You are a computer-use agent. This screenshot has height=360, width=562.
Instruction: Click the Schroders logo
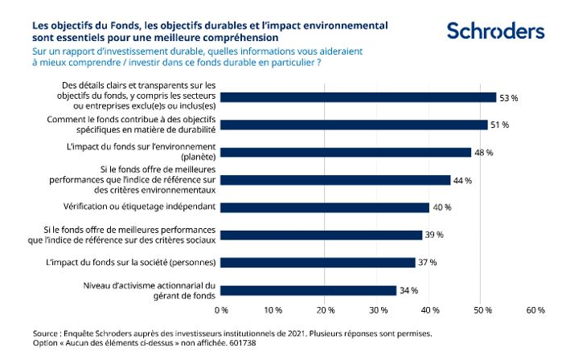pyautogui.click(x=495, y=31)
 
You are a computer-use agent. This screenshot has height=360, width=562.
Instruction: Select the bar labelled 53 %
pyautogui.click(x=358, y=97)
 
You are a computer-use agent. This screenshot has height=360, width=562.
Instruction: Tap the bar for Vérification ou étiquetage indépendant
pyautogui.click(x=324, y=207)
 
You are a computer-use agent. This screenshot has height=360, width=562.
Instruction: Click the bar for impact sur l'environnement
pyautogui.click(x=345, y=152)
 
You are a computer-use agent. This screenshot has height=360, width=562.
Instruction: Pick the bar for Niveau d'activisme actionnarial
pyautogui.click(x=308, y=290)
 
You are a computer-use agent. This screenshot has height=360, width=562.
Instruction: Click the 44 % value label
pyautogui.click(x=462, y=180)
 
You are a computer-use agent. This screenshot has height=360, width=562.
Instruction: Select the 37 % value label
pyautogui.click(x=427, y=263)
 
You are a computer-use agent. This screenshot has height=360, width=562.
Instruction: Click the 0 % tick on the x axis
pyautogui.click(x=220, y=309)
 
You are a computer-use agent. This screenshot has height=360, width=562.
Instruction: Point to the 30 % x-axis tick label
pyautogui.click(x=377, y=309)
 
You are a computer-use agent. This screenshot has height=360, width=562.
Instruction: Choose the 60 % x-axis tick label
pyautogui.click(x=535, y=309)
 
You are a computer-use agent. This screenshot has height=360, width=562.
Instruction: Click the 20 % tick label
pyautogui.click(x=325, y=309)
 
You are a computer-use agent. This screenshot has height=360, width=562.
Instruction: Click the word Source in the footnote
pyautogui.click(x=47, y=330)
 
